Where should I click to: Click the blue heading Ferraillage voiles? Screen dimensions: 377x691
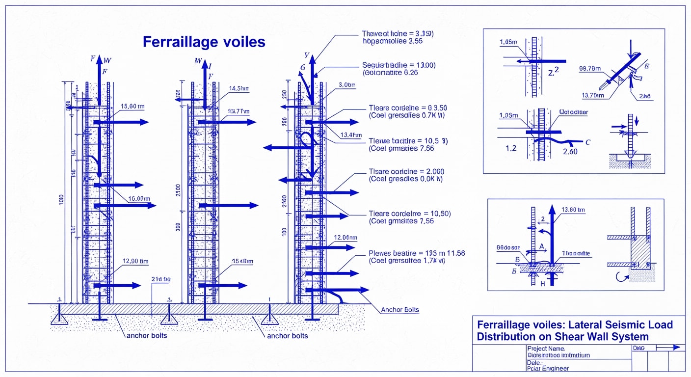[204, 42]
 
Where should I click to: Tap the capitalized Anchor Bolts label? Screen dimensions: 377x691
[400, 310]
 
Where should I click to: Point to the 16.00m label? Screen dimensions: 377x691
[138, 198]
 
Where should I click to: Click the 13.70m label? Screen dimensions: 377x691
[592, 95]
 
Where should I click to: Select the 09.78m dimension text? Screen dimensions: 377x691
[590, 69]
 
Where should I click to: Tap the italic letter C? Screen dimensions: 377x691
[587, 142]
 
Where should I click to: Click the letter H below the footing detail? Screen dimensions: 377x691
[543, 284]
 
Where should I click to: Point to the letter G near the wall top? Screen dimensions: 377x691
[302, 67]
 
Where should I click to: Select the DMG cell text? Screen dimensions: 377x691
[639, 348]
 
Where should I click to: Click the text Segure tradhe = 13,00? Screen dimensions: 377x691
[399, 65]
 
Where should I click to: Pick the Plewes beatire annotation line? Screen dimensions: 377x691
[416, 253]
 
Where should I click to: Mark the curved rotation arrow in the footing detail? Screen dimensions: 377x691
[620, 277]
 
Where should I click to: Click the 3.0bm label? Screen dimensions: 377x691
[346, 85]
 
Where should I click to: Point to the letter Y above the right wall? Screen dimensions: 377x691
[307, 55]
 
